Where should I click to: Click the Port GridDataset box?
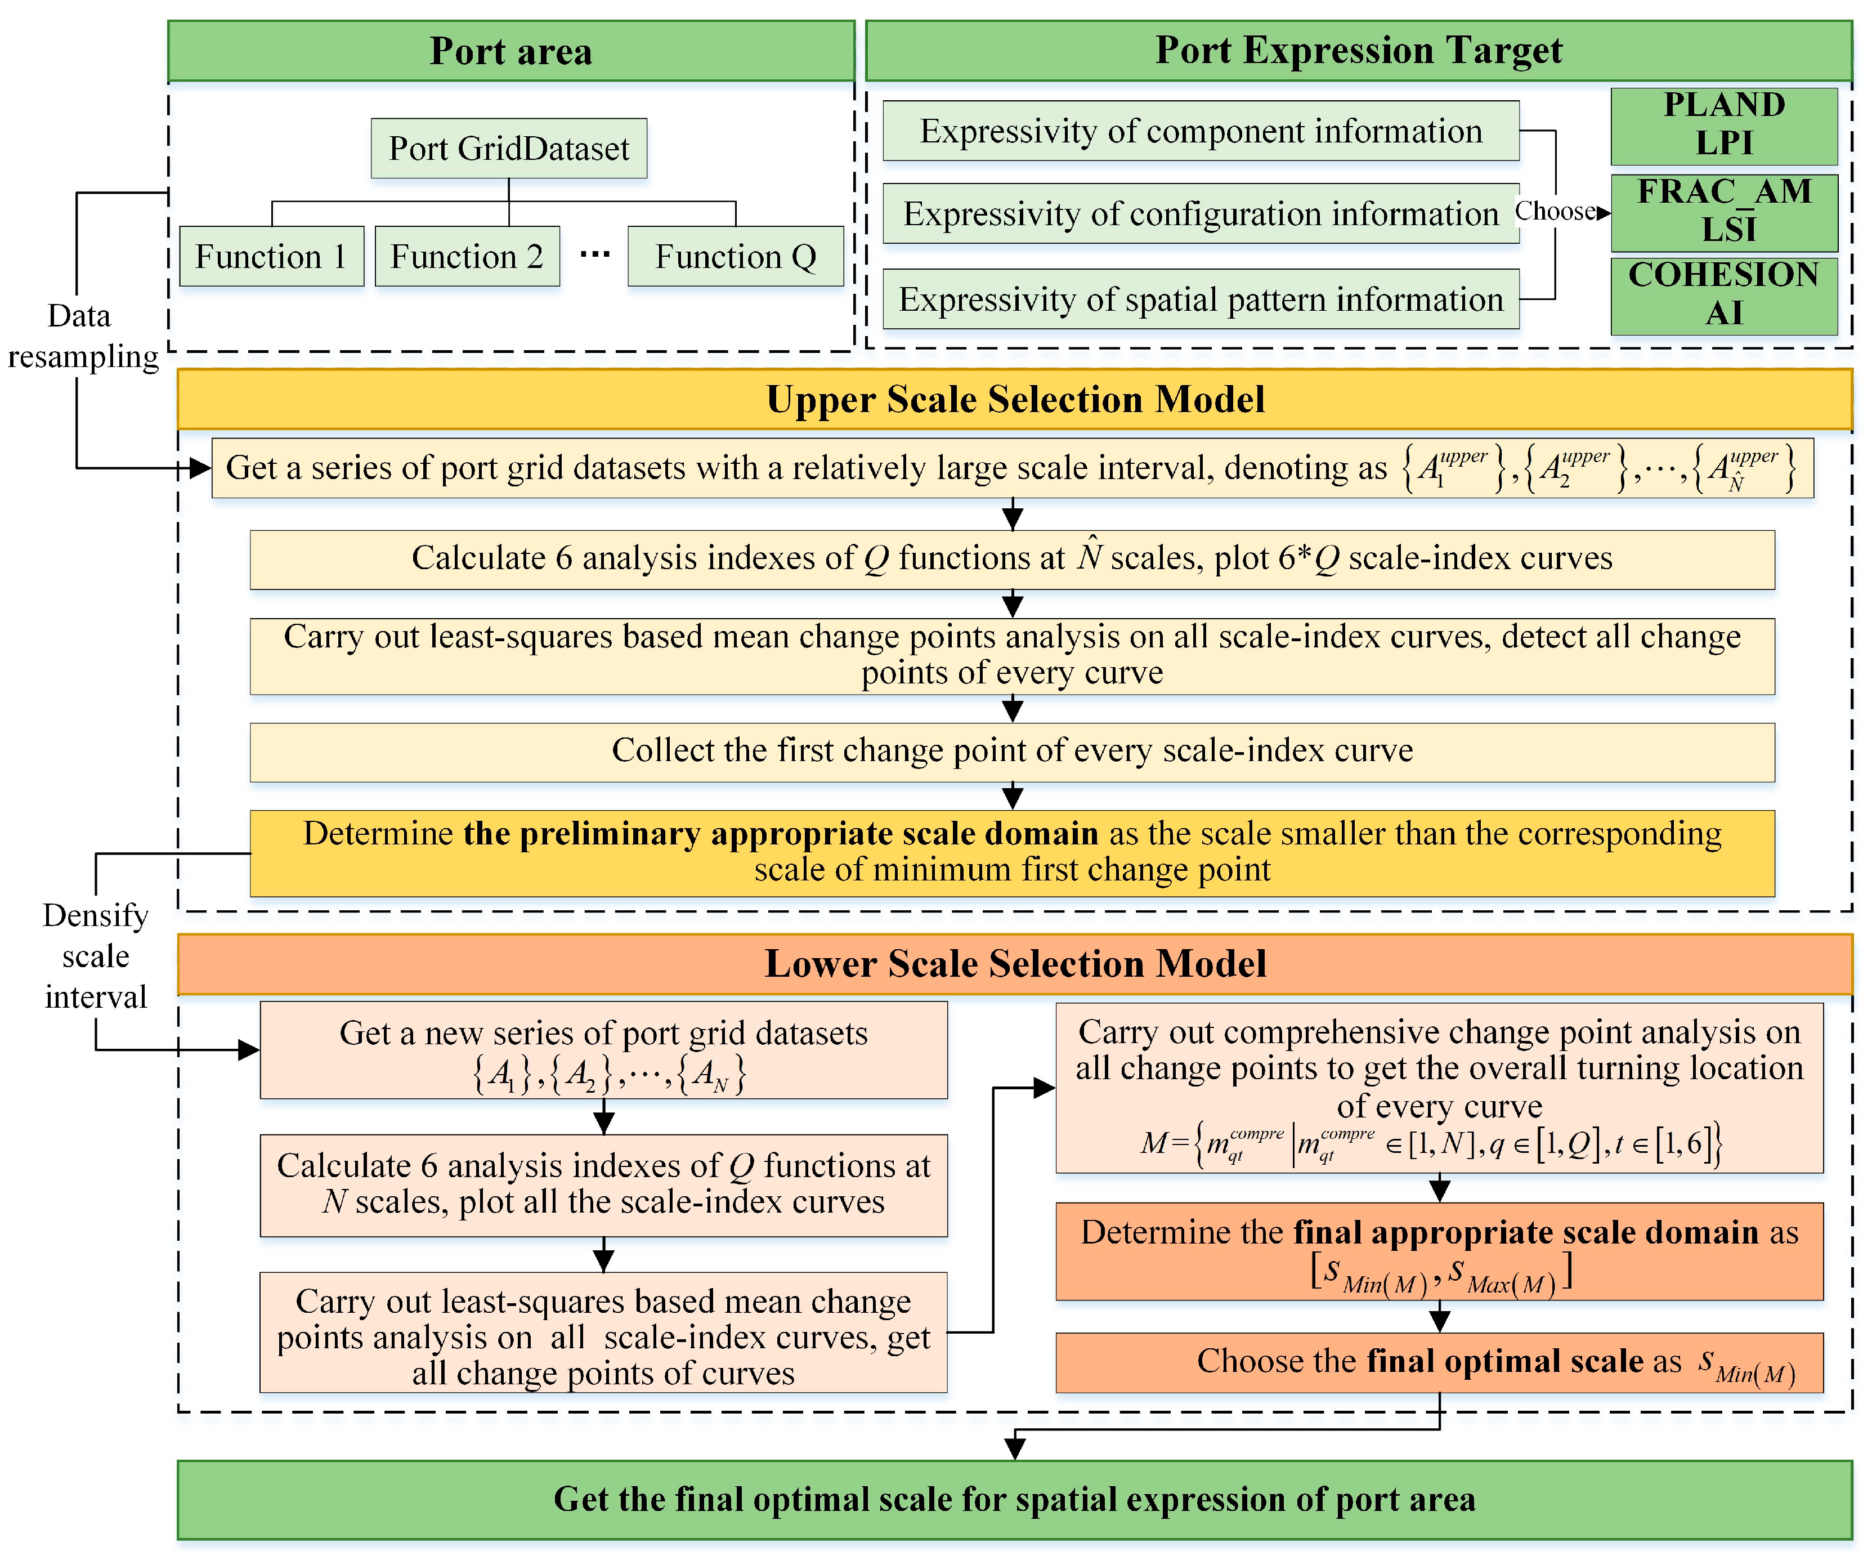click(x=509, y=148)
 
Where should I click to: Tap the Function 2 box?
click(x=467, y=257)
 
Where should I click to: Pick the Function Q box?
click(x=736, y=257)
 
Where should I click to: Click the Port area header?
click(x=511, y=51)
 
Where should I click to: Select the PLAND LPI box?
click(x=1723, y=125)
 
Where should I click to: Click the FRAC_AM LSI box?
click(x=1723, y=211)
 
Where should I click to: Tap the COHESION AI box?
click(x=1723, y=295)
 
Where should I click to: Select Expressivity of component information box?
click(x=1200, y=131)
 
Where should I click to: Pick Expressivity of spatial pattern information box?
click(x=1200, y=299)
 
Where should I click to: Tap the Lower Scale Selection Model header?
click(x=1014, y=964)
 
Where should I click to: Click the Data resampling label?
click(x=82, y=336)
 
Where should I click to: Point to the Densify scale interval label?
click(x=95, y=956)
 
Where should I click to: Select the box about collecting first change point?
click(x=1012, y=752)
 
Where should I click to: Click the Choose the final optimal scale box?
click(x=1439, y=1362)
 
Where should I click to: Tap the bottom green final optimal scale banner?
click(x=1014, y=1500)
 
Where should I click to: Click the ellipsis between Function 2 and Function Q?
click(x=594, y=255)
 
